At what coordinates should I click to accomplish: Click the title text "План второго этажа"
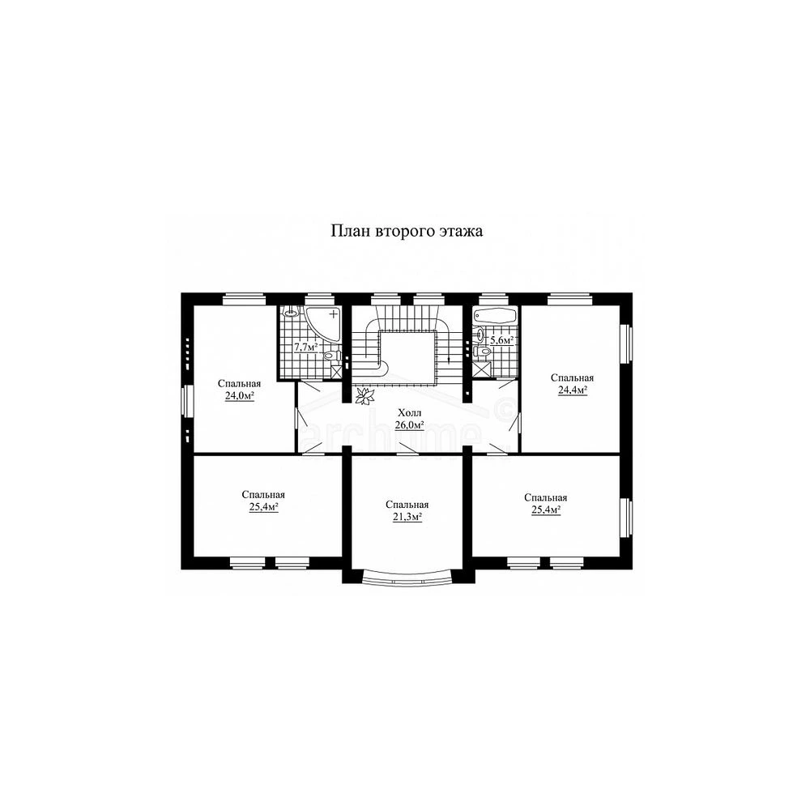click(x=407, y=230)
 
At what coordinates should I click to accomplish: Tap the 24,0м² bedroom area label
click(x=240, y=396)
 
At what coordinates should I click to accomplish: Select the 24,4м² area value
click(x=573, y=390)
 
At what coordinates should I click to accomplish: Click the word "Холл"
click(x=410, y=413)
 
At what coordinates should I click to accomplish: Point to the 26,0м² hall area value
click(x=410, y=425)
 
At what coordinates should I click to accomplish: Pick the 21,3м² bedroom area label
click(x=407, y=517)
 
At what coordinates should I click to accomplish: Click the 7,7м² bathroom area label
click(x=306, y=347)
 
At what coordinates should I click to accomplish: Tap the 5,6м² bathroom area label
click(x=501, y=340)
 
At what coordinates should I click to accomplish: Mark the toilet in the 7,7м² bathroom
click(x=330, y=356)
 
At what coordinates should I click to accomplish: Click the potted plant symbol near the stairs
click(x=365, y=396)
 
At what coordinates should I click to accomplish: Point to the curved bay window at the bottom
click(x=408, y=575)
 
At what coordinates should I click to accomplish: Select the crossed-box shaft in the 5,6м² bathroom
click(x=481, y=370)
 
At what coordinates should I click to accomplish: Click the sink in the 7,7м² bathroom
click(x=292, y=312)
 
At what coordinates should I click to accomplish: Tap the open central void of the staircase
click(x=408, y=357)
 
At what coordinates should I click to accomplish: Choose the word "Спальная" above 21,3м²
click(x=407, y=505)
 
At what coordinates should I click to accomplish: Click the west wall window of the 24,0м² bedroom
click(x=187, y=401)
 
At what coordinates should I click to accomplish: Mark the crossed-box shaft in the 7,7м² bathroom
click(x=336, y=373)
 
